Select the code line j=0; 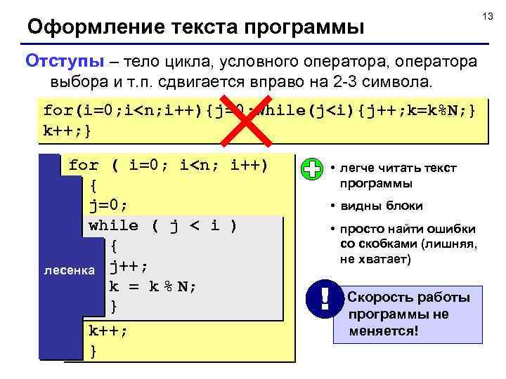(109, 206)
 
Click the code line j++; (129, 266)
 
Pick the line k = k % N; (153, 286)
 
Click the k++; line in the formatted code (108, 330)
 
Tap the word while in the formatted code (114, 225)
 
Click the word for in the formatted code (84, 166)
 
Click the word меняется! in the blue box (384, 330)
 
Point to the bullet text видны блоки (382, 206)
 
